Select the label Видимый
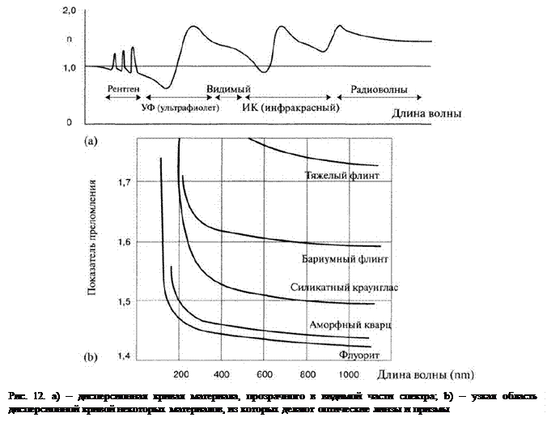click(228, 87)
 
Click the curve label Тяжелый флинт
click(342, 175)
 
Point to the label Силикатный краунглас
click(344, 288)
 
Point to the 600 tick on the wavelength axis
click(263, 374)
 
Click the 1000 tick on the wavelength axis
click(349, 374)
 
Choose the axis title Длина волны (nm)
click(430, 375)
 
